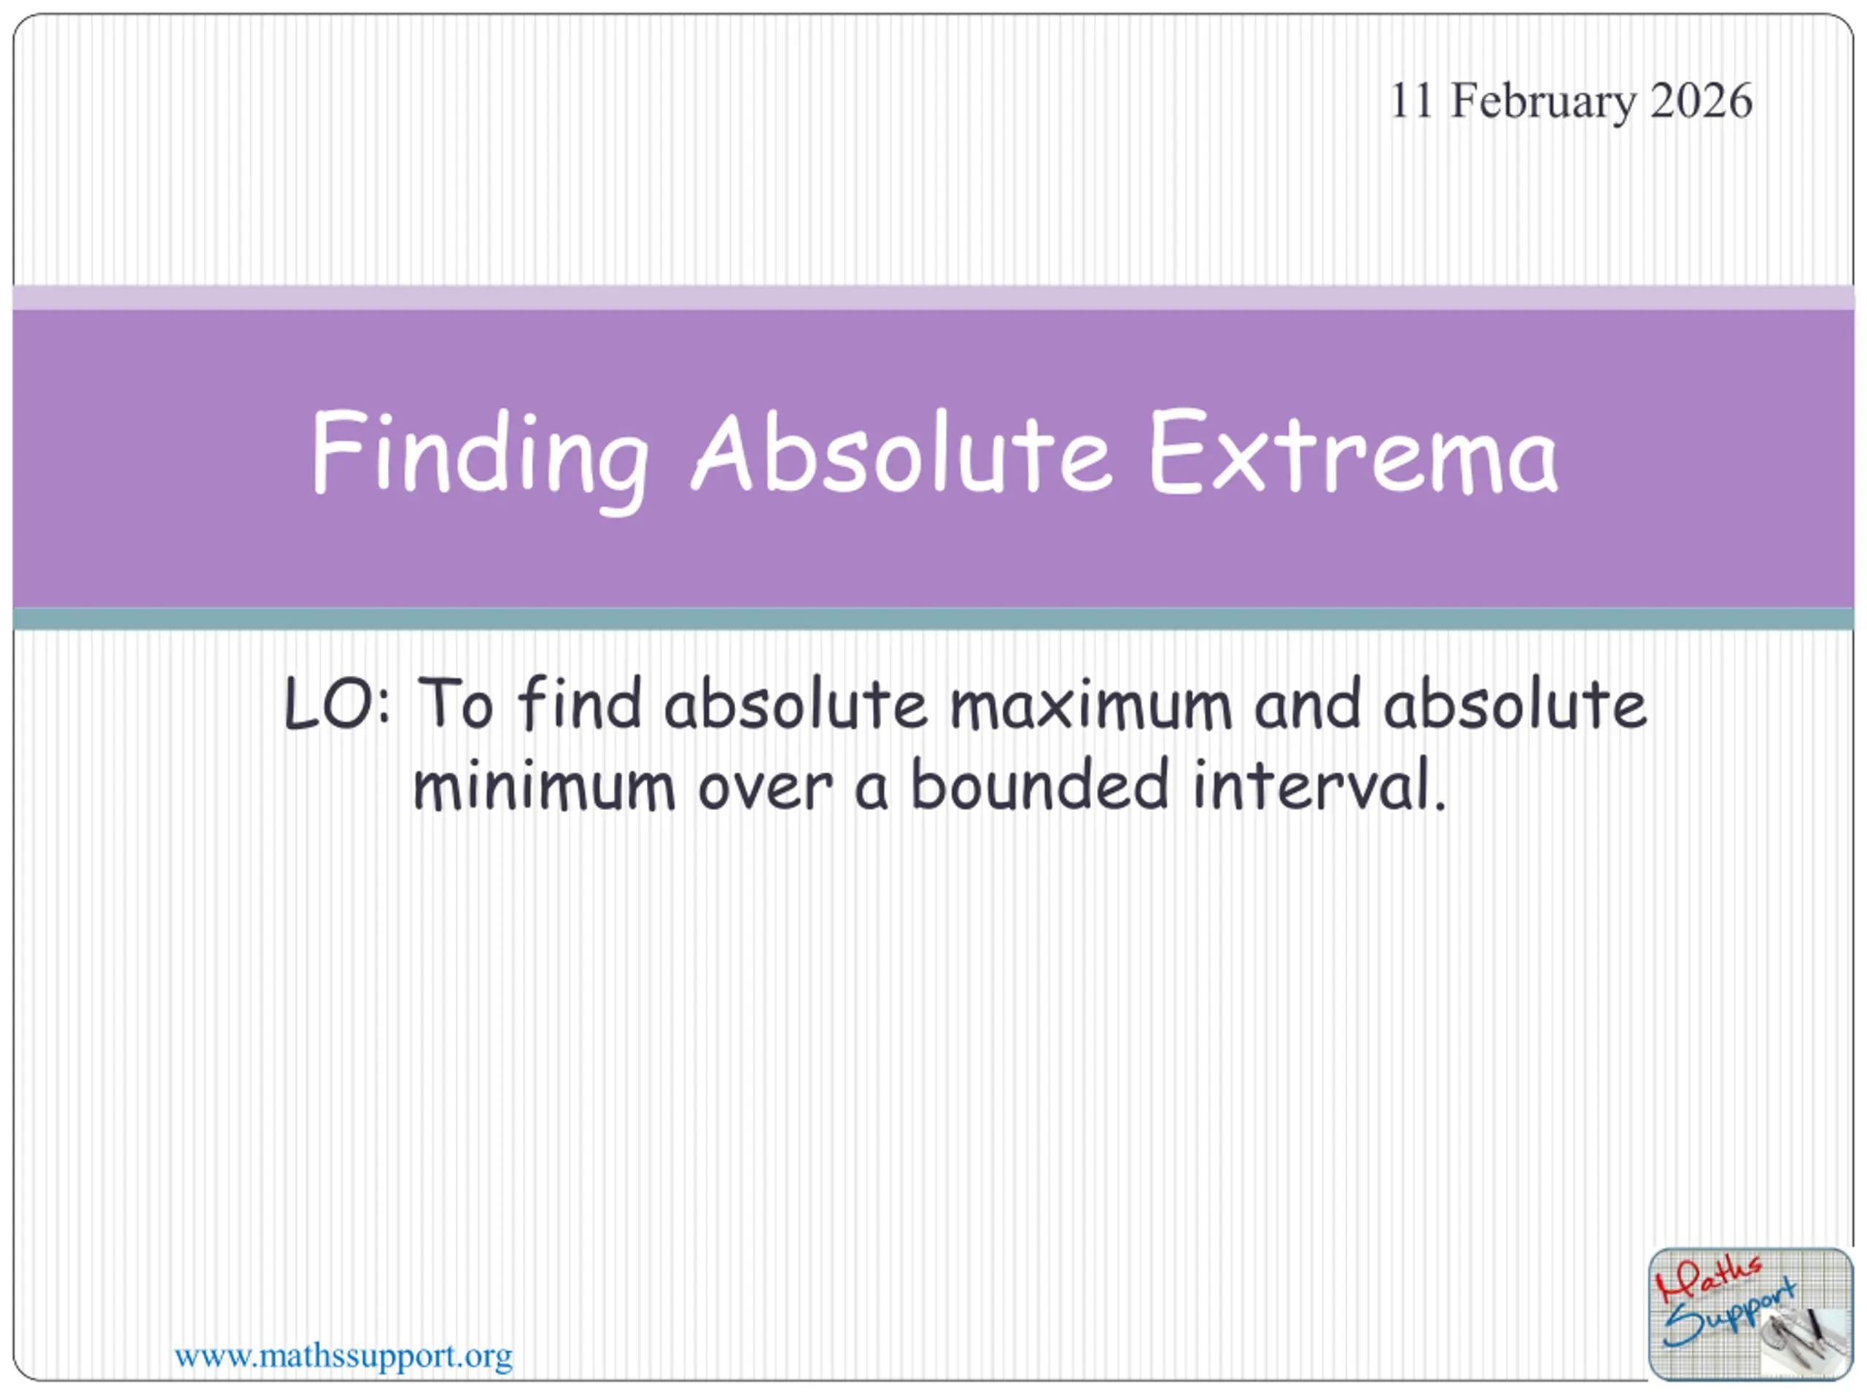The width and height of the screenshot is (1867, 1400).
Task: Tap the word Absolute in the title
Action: [x=901, y=451]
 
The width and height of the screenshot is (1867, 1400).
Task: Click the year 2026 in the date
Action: [x=1701, y=101]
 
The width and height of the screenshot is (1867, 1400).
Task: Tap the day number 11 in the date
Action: [x=1411, y=101]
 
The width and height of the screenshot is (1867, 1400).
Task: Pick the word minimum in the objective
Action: [x=544, y=785]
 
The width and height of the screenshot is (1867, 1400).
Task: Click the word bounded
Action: [x=1041, y=784]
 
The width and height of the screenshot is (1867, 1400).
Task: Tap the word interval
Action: [x=1320, y=784]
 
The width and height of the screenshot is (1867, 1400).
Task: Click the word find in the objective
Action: [x=580, y=702]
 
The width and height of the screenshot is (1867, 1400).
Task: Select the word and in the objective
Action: [x=1308, y=703]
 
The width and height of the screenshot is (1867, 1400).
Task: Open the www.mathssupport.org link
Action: [x=343, y=1356]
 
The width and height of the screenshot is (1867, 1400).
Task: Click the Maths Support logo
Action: [x=1750, y=1314]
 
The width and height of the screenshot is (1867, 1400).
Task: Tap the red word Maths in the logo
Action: [x=1707, y=1278]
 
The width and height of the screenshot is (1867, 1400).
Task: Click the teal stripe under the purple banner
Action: [x=933, y=618]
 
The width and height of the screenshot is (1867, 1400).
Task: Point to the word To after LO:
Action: [x=455, y=703]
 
